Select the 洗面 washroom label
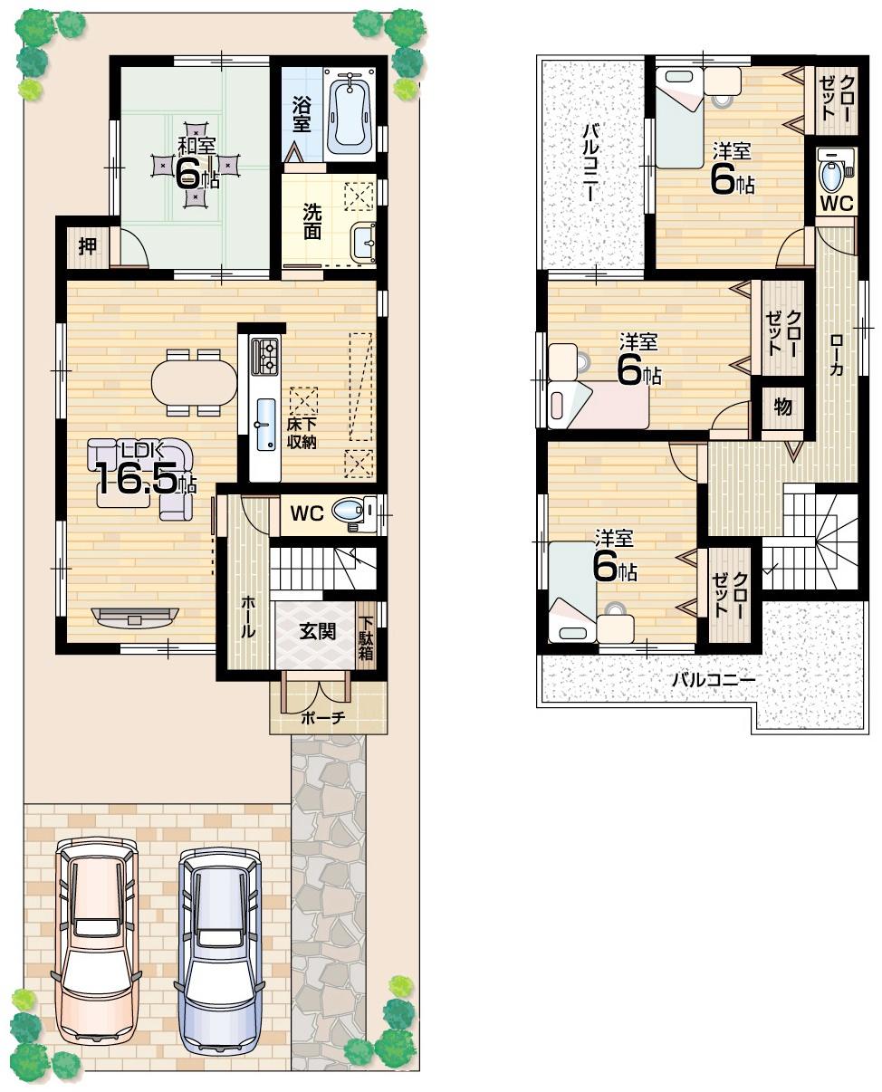(312, 221)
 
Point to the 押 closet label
(88, 246)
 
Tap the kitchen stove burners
(266, 355)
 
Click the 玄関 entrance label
(318, 631)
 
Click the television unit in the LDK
(135, 618)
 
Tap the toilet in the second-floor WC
(831, 169)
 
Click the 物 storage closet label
(782, 407)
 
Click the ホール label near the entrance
(247, 618)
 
